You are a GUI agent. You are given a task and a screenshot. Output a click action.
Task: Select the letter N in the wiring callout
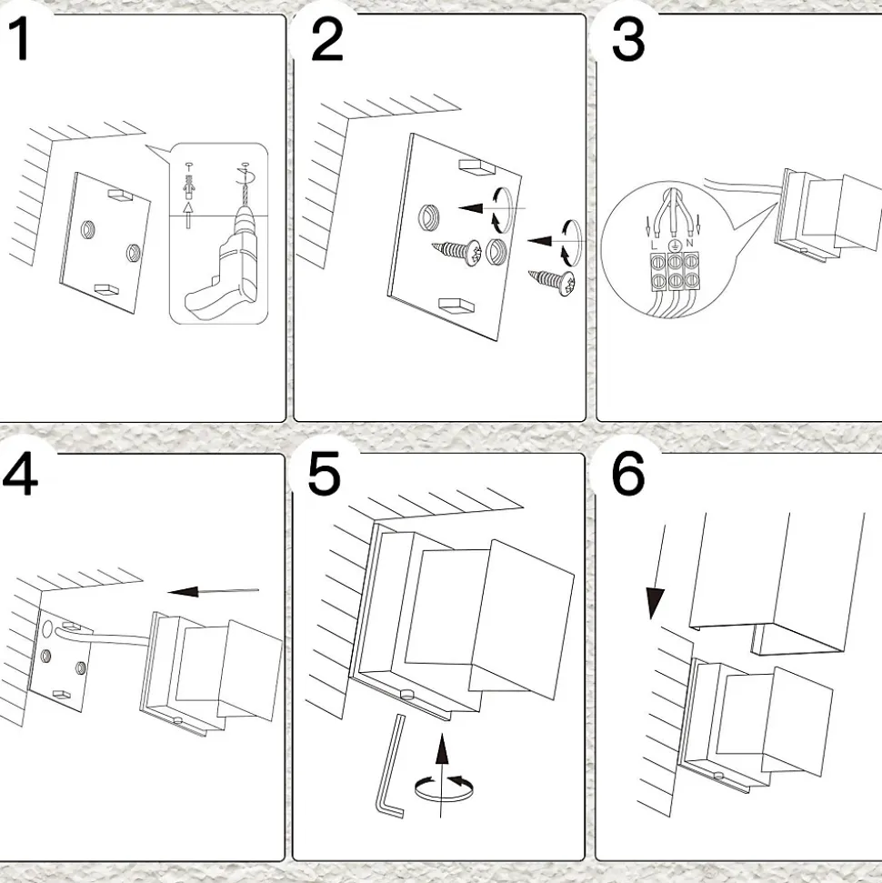pos(689,245)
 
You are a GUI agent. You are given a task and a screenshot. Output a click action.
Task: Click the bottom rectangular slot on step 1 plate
pos(107,289)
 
